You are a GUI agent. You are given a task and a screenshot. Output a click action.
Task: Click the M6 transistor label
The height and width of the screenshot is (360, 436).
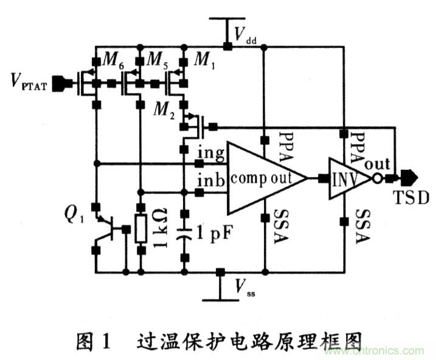pos(112,61)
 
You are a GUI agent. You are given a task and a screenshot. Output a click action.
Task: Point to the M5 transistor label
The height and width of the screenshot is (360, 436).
pos(157,61)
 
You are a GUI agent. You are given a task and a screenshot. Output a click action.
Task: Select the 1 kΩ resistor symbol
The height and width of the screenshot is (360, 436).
pos(140,229)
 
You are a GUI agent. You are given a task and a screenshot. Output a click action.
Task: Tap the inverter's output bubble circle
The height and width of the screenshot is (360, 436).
pos(378,179)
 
